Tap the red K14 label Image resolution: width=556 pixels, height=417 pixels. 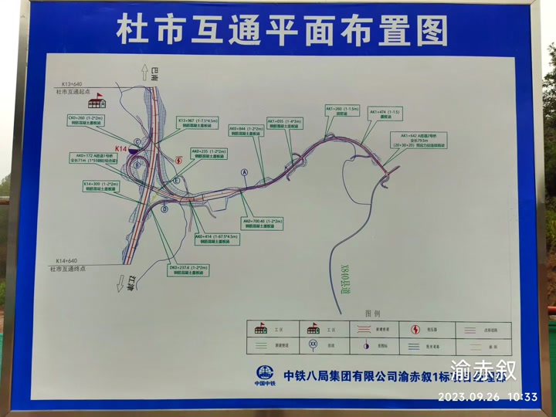click(x=121, y=148)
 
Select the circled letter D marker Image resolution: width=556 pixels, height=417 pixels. click(x=164, y=208)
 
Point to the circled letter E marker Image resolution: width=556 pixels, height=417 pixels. click(x=177, y=180)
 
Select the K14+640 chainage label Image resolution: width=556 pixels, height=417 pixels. click(x=73, y=261)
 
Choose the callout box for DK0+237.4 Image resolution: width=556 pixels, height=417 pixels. click(x=188, y=270)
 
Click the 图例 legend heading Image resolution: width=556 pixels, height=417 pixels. click(x=372, y=314)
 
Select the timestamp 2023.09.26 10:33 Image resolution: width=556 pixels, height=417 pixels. click(x=487, y=397)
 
